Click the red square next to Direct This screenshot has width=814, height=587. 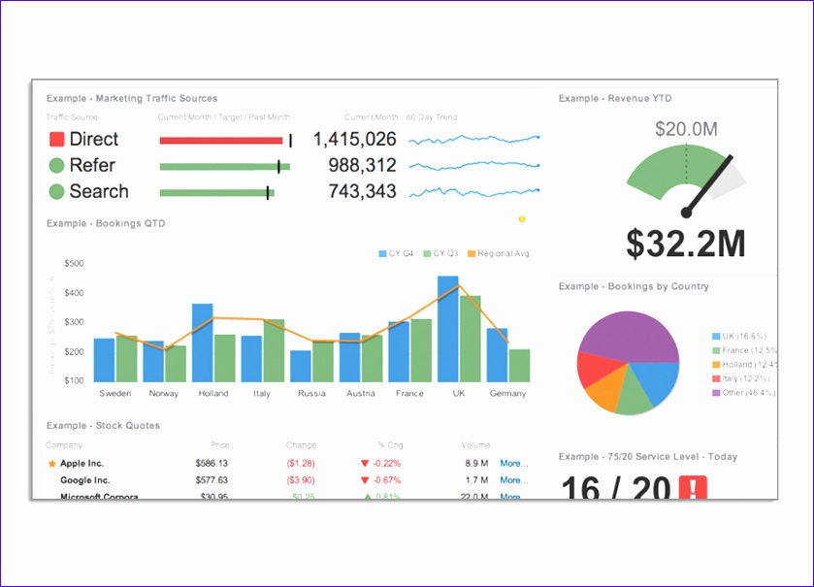[56, 140]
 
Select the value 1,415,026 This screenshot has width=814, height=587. [354, 140]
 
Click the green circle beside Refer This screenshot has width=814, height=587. [56, 166]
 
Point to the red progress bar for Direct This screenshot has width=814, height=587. [221, 141]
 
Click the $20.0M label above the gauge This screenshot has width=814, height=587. [685, 129]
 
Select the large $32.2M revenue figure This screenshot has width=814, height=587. [685, 244]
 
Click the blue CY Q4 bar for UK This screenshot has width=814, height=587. [447, 329]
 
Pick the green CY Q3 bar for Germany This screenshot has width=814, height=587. [520, 365]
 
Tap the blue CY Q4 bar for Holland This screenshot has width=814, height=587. [202, 342]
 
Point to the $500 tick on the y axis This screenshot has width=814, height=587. [74, 264]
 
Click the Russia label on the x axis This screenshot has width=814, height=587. [311, 394]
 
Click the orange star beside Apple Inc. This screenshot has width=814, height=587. [51, 465]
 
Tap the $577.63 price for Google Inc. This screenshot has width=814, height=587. [211, 480]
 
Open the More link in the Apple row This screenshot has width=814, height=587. [513, 464]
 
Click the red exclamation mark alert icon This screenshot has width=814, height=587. [694, 487]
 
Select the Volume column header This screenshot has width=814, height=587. [475, 445]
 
